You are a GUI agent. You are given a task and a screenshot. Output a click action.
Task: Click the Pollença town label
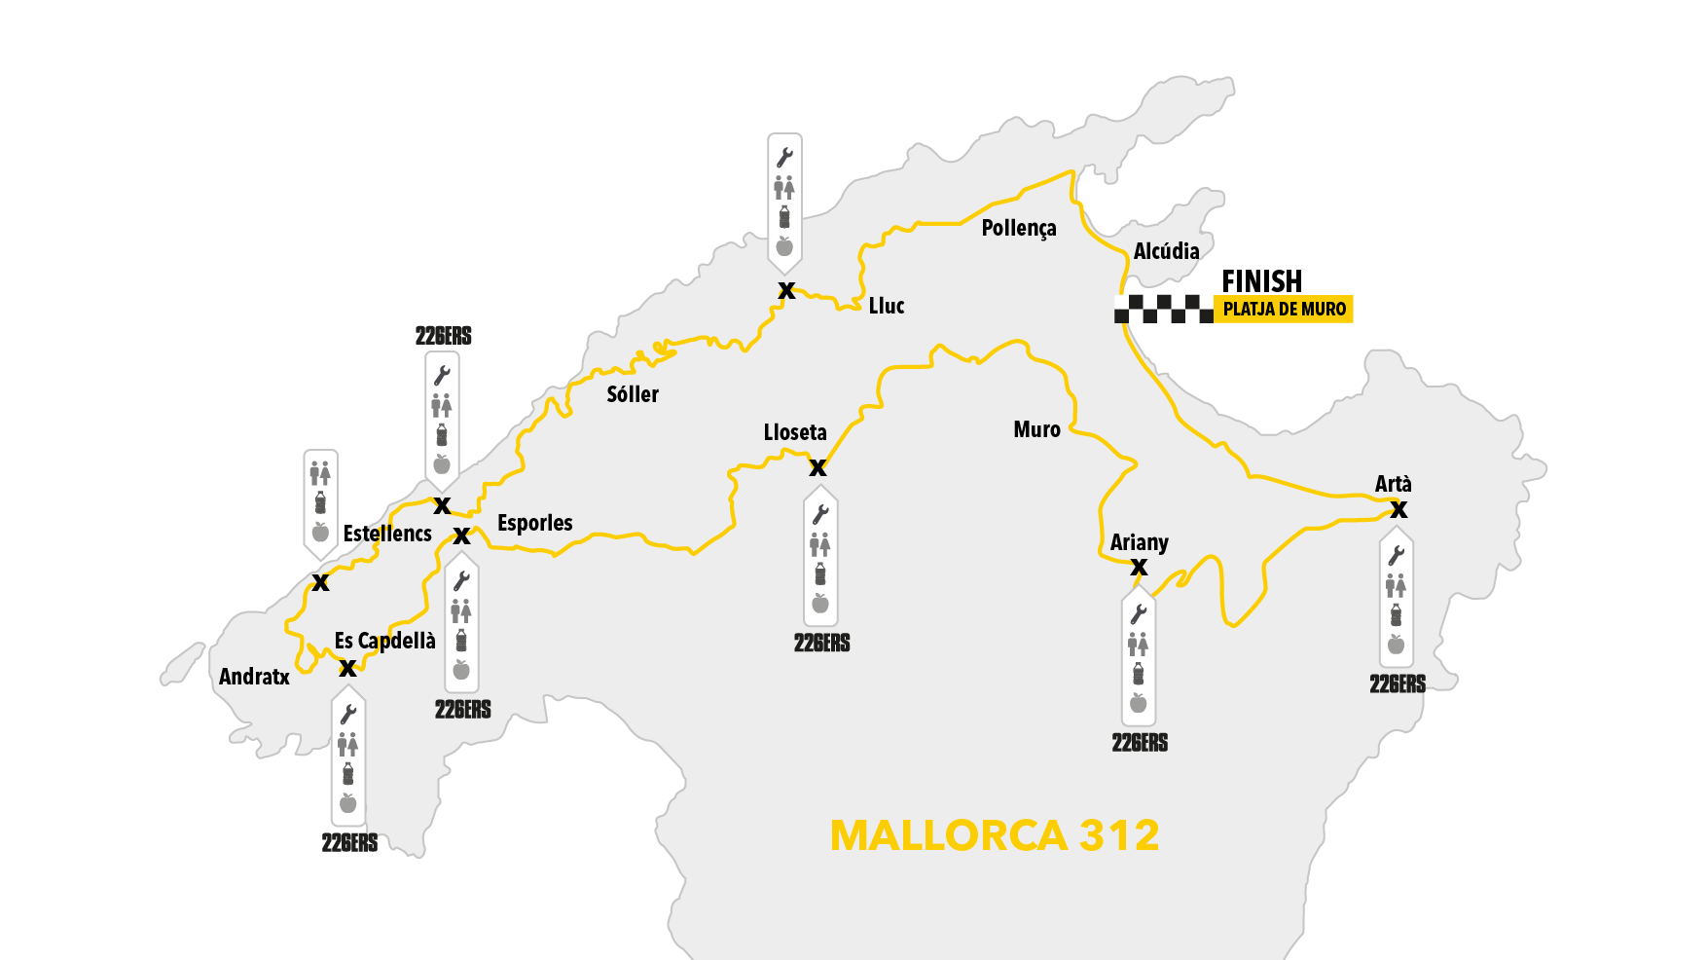1018,229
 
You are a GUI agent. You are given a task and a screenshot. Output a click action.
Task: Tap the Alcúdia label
1166,251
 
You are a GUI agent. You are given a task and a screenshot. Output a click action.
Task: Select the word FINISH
1261,281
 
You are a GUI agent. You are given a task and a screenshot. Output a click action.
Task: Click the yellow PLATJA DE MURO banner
1284,309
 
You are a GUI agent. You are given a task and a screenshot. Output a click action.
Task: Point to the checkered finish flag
1163,310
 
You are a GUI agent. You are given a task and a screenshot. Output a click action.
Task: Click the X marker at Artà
1398,509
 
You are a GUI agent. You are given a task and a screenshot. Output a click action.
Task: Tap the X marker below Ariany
1139,568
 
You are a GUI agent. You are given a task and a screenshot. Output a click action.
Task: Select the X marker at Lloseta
817,468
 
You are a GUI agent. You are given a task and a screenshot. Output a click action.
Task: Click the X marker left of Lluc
786,290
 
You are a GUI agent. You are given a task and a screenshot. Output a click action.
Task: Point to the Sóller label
633,394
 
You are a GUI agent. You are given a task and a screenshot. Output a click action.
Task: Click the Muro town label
1036,429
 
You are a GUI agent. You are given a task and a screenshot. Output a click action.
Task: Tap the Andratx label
254,677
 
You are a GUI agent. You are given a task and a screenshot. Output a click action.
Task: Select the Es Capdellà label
384,641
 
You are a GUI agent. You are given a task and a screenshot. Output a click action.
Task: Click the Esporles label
534,523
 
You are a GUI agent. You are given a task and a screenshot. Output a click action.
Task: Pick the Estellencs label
387,534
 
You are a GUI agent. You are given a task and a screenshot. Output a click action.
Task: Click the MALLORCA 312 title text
995,835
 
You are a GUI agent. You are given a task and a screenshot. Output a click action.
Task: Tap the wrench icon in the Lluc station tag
784,158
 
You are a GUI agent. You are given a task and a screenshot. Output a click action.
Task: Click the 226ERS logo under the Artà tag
1398,684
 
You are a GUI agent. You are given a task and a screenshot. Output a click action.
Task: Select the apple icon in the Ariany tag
1139,703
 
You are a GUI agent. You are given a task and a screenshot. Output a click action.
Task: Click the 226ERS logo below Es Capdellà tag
349,843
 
